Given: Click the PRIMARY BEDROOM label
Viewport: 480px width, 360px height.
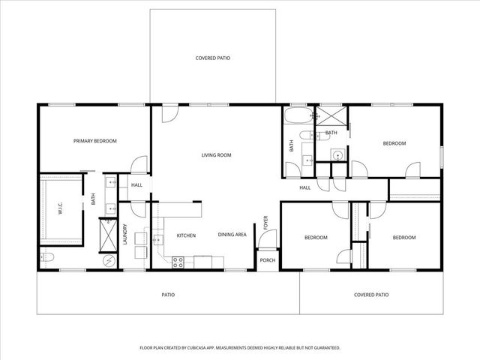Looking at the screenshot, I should [x=94, y=141].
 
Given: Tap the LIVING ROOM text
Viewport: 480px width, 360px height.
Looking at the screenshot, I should [x=216, y=155].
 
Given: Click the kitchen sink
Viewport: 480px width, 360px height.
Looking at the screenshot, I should [x=159, y=240].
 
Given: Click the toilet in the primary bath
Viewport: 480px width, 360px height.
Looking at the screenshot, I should [x=44, y=259].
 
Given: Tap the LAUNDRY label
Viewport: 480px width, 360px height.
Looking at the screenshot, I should [x=125, y=235].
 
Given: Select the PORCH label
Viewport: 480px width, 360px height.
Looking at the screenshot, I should [x=267, y=261].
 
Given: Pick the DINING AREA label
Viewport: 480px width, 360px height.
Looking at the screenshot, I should [x=232, y=235].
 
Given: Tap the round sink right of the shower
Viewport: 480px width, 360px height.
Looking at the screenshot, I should [x=337, y=156].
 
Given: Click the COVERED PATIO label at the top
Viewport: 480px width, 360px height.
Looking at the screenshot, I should [x=212, y=58].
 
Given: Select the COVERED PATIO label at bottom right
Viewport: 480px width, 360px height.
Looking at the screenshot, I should [x=371, y=295].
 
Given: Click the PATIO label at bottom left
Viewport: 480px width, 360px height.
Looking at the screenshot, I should [x=168, y=295].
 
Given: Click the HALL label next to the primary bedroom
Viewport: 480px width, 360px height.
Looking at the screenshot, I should [x=136, y=185].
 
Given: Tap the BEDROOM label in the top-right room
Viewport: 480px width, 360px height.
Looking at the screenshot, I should [x=394, y=143].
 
